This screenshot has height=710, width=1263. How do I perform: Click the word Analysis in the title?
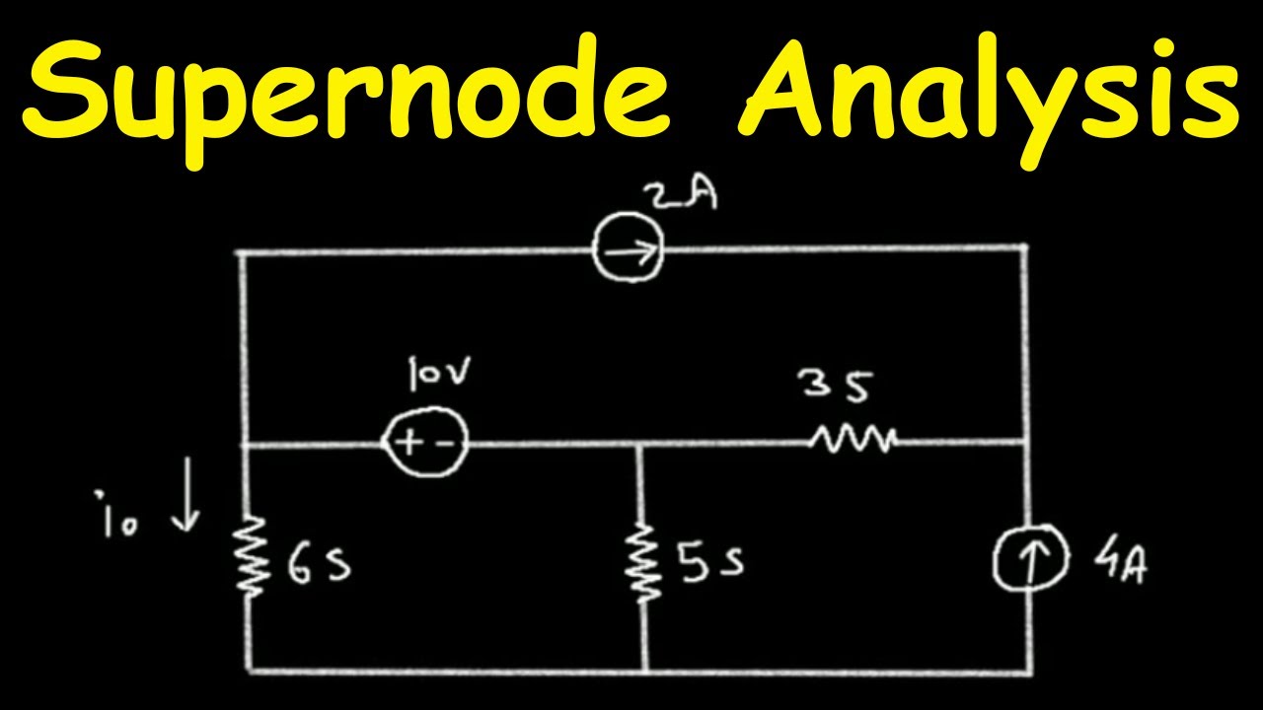989,100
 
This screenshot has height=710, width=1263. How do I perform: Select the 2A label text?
681,196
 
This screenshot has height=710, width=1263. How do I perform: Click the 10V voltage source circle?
384,443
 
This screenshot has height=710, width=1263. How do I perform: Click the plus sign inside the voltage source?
408,444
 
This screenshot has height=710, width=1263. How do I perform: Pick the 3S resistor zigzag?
853,441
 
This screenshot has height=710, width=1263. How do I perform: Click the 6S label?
319,565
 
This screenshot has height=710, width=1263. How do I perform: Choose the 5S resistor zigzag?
641,563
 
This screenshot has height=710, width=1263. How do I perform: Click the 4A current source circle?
995,558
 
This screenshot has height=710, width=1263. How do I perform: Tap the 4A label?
1120,564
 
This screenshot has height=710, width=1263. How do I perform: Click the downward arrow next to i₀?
186,494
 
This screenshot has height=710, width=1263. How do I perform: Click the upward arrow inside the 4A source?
1032,562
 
